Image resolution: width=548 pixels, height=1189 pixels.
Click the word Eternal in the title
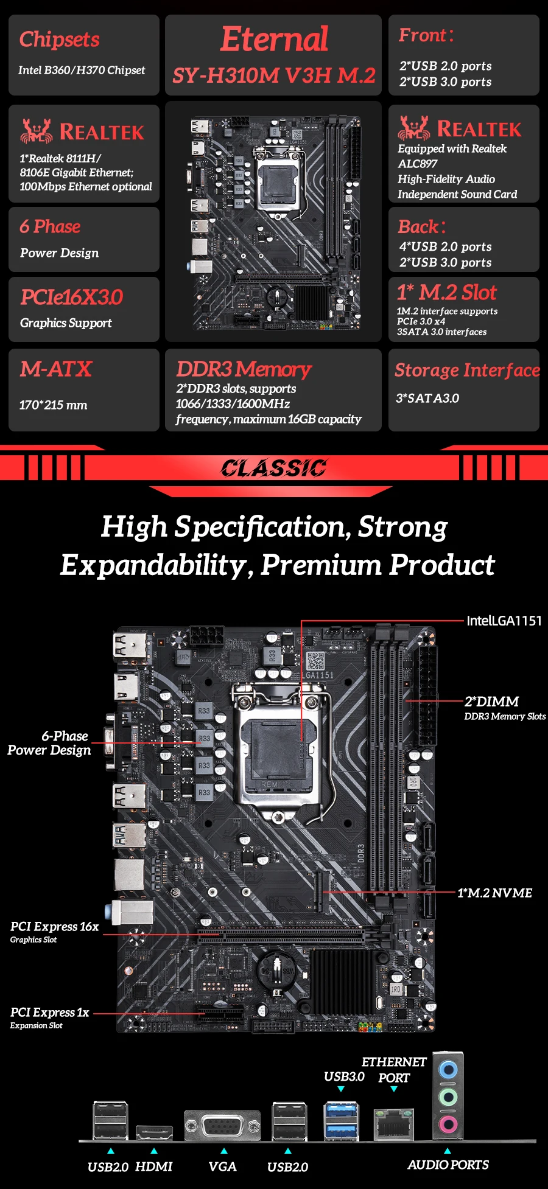click(274, 40)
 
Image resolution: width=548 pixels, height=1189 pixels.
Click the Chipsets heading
click(59, 40)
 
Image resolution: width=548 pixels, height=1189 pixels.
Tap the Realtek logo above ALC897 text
click(460, 128)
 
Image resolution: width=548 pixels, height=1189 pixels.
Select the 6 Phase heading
click(50, 226)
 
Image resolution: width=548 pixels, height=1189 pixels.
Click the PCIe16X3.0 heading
click(71, 297)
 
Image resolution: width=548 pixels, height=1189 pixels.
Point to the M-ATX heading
click(55, 369)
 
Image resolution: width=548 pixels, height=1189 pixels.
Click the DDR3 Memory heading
click(244, 369)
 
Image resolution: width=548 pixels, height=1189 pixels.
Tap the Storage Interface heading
click(467, 370)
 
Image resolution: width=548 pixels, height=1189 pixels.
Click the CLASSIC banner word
click(273, 468)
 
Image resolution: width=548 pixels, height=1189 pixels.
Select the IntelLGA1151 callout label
click(504, 621)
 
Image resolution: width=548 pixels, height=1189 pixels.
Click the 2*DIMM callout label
click(492, 702)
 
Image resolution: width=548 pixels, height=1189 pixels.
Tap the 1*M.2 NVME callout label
click(494, 893)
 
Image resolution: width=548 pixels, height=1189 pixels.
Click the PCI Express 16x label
click(54, 927)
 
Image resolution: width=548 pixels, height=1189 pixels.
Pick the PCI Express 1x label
click(49, 1013)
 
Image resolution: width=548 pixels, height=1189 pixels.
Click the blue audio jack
click(448, 1070)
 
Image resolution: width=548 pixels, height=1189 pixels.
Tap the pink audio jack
click(448, 1123)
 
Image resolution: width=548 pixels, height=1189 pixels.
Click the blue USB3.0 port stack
click(340, 1120)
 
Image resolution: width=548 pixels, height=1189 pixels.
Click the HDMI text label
click(153, 1166)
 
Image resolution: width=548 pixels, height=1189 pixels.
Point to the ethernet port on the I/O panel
click(393, 1124)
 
